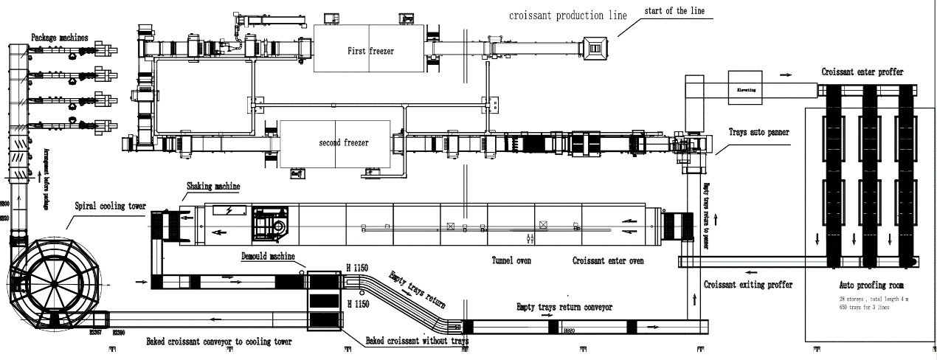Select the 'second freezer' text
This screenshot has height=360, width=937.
coord(343,142)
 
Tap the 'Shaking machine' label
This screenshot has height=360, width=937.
coord(213,187)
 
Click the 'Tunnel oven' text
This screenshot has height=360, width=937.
coord(511,260)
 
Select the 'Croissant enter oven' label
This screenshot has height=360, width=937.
coord(608,260)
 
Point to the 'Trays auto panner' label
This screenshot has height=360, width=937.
coord(758,133)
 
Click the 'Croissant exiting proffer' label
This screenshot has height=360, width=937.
coord(748,284)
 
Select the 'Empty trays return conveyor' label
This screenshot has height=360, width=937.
coord(564,306)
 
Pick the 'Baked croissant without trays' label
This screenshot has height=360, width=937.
coord(417,341)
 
